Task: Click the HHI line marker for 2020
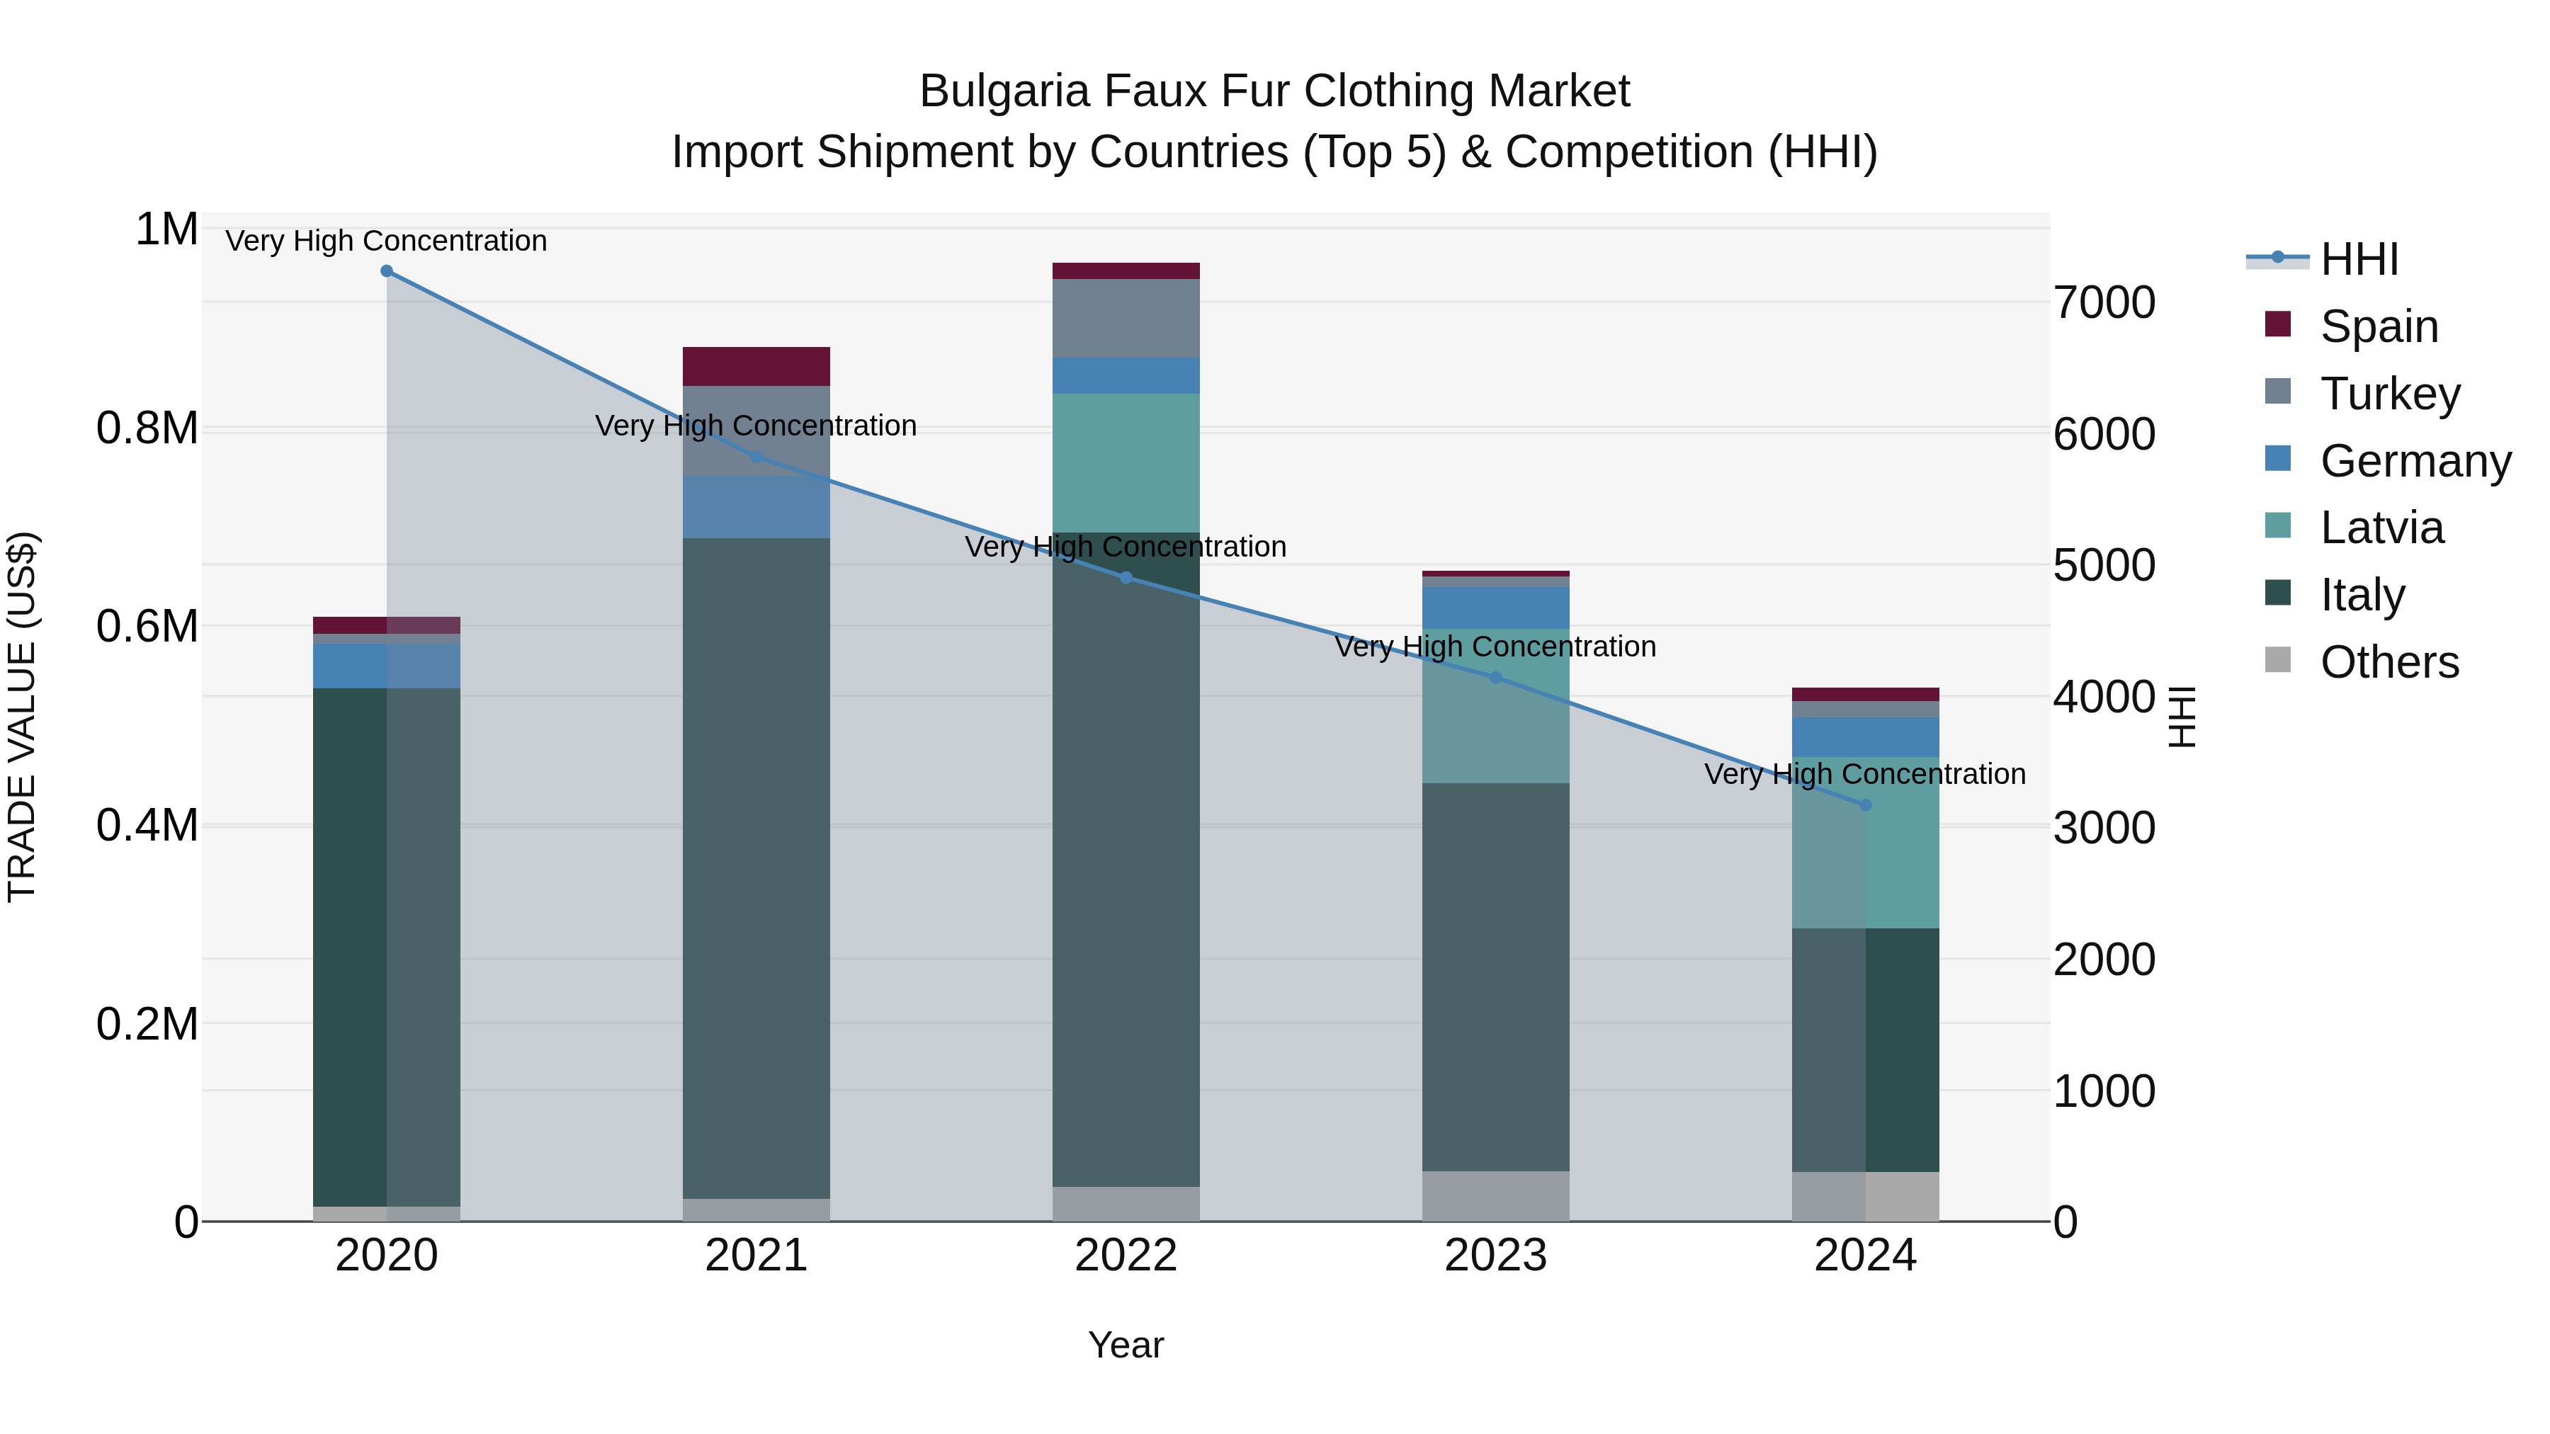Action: pos(386,271)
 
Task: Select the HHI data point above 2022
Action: pos(1126,578)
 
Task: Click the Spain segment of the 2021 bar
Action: pos(756,366)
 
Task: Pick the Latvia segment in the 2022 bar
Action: pos(1126,462)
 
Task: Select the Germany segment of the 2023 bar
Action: pos(1496,608)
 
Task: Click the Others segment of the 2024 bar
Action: pos(1865,1197)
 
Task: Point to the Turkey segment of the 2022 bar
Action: pos(1126,318)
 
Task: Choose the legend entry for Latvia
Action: pos(2381,528)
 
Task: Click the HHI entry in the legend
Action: pos(2358,259)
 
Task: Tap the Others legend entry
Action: pos(2388,662)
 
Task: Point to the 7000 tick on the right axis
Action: pos(2104,303)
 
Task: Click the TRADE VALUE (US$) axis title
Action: pos(22,717)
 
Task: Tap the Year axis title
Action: pos(1126,1345)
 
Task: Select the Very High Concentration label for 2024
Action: pos(1865,774)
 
